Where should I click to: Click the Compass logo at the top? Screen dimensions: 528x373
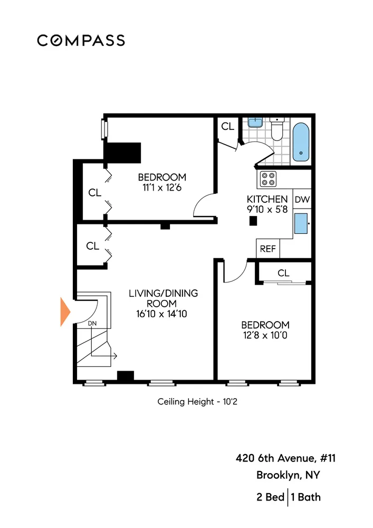click(x=81, y=40)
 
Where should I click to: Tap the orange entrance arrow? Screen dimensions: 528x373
click(x=65, y=312)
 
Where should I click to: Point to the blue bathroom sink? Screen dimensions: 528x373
click(x=255, y=122)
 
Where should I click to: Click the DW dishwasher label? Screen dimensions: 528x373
click(x=302, y=200)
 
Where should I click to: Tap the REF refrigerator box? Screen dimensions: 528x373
click(x=268, y=249)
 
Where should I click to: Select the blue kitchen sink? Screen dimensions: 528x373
click(x=302, y=223)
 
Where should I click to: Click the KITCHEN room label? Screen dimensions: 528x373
click(x=267, y=200)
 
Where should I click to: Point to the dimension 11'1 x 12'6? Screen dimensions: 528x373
click(x=162, y=187)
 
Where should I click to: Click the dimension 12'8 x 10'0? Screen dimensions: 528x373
click(x=265, y=335)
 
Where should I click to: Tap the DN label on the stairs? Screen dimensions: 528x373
click(x=92, y=323)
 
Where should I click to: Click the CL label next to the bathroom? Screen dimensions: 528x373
click(x=227, y=127)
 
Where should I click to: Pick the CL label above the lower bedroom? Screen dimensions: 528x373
click(x=283, y=273)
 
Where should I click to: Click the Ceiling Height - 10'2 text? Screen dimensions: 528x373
click(x=199, y=402)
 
